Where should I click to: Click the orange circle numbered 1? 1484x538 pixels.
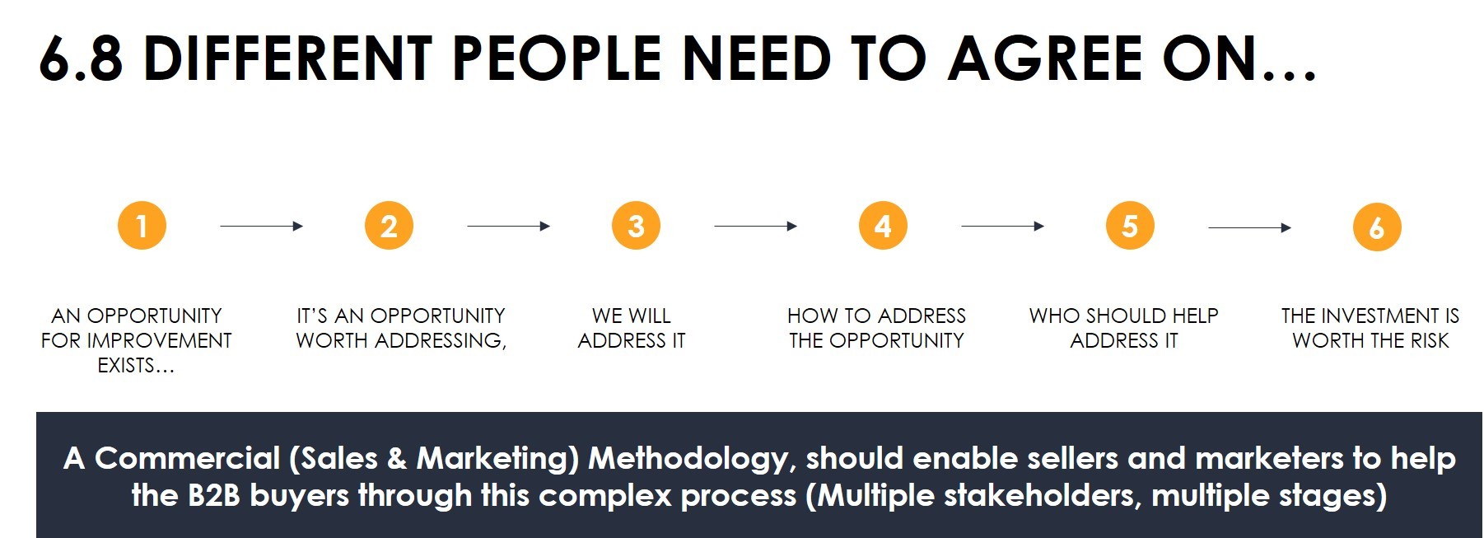click(x=142, y=225)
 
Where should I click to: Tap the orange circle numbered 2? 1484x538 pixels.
click(x=389, y=225)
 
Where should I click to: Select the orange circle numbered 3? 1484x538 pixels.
click(x=636, y=225)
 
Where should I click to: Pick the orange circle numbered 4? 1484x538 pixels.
click(x=883, y=225)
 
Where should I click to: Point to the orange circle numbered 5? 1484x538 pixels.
click(x=1130, y=225)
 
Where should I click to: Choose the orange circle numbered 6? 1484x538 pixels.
click(x=1377, y=227)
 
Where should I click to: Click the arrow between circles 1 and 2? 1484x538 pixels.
click(x=262, y=226)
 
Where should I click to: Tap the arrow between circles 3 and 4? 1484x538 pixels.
click(x=756, y=226)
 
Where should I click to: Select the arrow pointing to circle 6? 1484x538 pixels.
click(x=1250, y=227)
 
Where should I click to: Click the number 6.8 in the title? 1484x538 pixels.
click(x=81, y=59)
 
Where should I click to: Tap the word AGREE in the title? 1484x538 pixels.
click(x=1045, y=58)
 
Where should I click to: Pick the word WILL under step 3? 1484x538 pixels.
click(x=651, y=316)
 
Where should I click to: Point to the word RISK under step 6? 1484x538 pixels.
click(x=1429, y=340)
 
